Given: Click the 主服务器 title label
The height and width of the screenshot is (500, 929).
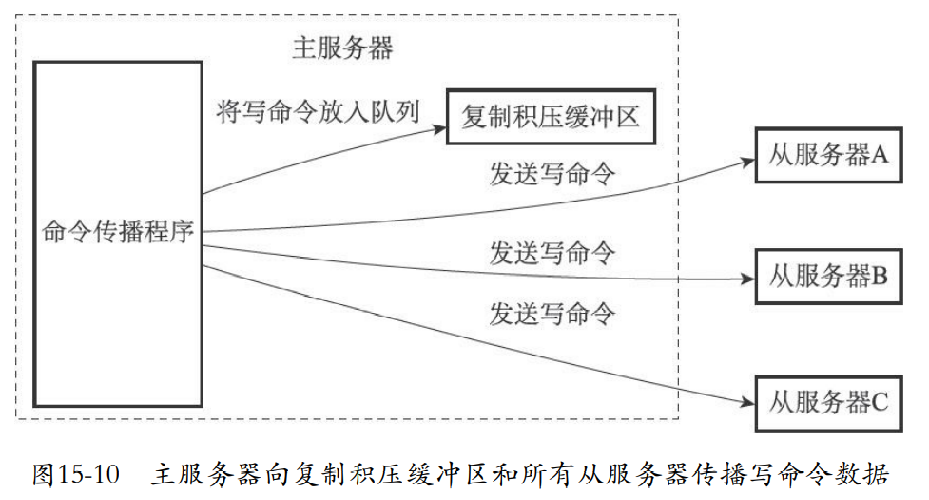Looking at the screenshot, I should point(341,48).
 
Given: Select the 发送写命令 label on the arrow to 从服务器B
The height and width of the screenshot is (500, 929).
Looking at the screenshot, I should point(552,253).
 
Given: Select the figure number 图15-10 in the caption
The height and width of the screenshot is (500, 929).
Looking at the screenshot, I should point(76,474).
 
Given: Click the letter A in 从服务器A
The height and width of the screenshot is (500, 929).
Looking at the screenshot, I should point(880,154).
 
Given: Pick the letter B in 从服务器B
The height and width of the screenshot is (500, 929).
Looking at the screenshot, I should point(880,277).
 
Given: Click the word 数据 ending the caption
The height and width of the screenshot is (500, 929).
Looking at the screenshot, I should point(865,474).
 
